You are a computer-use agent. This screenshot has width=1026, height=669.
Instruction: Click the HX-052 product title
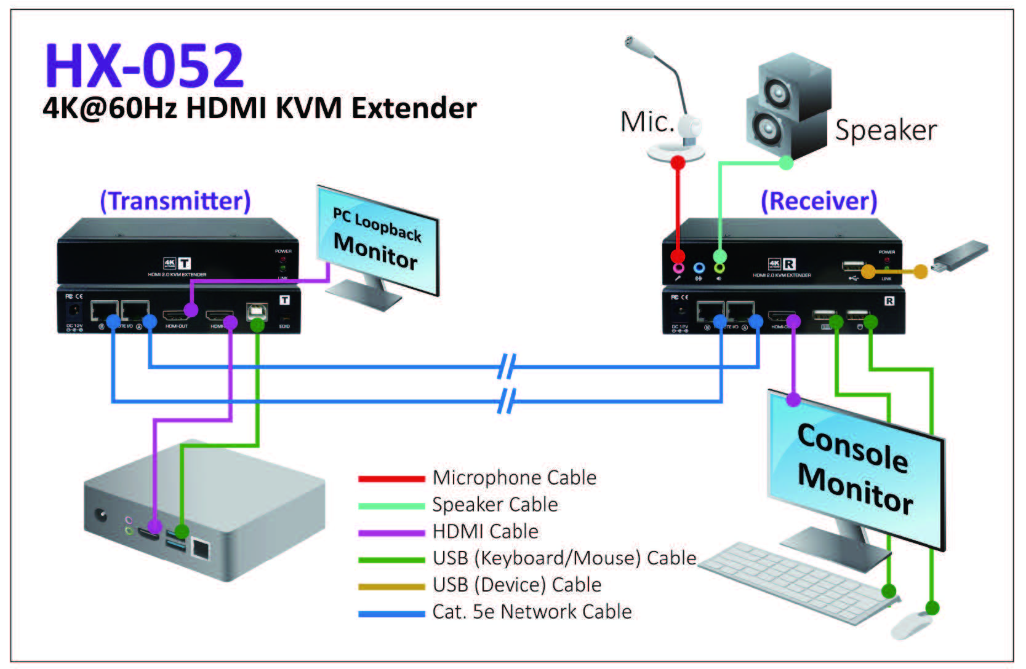[145, 66]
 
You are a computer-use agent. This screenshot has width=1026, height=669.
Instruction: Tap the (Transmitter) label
[175, 201]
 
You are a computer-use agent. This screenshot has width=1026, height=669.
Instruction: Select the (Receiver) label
[819, 201]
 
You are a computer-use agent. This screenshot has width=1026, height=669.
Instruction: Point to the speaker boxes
[788, 108]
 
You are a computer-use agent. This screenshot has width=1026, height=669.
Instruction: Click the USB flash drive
[960, 256]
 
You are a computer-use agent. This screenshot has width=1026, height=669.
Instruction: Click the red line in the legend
[391, 478]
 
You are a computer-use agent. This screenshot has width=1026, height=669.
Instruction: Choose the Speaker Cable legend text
[495, 505]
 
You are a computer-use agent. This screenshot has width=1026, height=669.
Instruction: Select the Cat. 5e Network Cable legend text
[532, 612]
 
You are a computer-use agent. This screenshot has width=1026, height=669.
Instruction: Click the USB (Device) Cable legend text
[516, 585]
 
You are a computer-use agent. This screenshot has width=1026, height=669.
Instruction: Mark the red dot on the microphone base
[678, 163]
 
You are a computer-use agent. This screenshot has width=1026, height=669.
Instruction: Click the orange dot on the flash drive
[920, 271]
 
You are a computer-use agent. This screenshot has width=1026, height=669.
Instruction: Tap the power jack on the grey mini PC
[100, 515]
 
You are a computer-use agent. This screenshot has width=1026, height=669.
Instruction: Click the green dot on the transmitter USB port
[257, 324]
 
